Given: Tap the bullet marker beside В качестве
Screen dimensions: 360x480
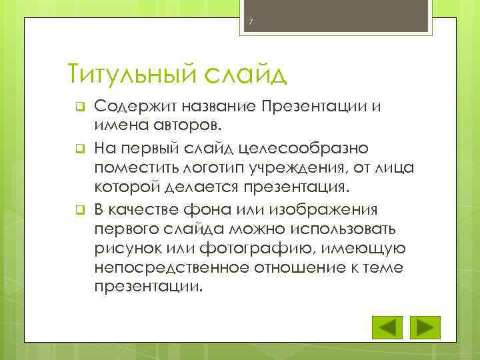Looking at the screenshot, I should point(78,212).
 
